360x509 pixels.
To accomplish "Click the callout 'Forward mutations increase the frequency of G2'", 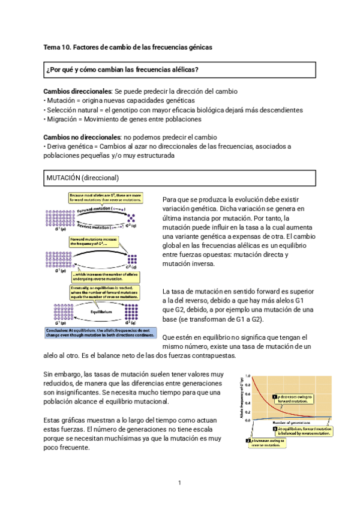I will pyautogui.click(x=95, y=241).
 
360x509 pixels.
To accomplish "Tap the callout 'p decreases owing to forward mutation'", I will pyautogui.click(x=295, y=398).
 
